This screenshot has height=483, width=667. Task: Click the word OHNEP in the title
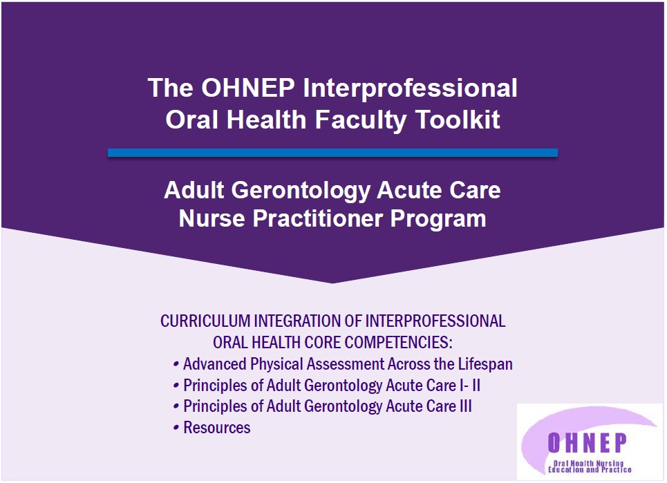tap(248, 88)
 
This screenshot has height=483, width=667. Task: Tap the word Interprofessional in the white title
tap(410, 88)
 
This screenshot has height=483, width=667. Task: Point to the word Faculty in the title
tap(361, 120)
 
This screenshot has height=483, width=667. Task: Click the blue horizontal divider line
tap(332, 153)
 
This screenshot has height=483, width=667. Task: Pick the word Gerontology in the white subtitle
tap(300, 191)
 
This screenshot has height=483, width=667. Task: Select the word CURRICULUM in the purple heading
tap(205, 321)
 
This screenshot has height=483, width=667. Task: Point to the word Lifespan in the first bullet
tap(485, 364)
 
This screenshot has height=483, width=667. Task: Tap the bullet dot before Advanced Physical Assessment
tap(176, 365)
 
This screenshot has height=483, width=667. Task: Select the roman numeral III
tap(466, 406)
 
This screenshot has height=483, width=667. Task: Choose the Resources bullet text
tap(217, 428)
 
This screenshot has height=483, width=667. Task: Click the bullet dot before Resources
tap(176, 428)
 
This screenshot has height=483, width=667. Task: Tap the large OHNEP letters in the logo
tap(588, 443)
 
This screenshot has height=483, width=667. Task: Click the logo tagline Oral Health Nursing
tap(588, 463)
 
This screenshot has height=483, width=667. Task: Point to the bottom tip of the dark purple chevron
tap(332, 283)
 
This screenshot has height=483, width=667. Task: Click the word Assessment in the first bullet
tap(346, 364)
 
